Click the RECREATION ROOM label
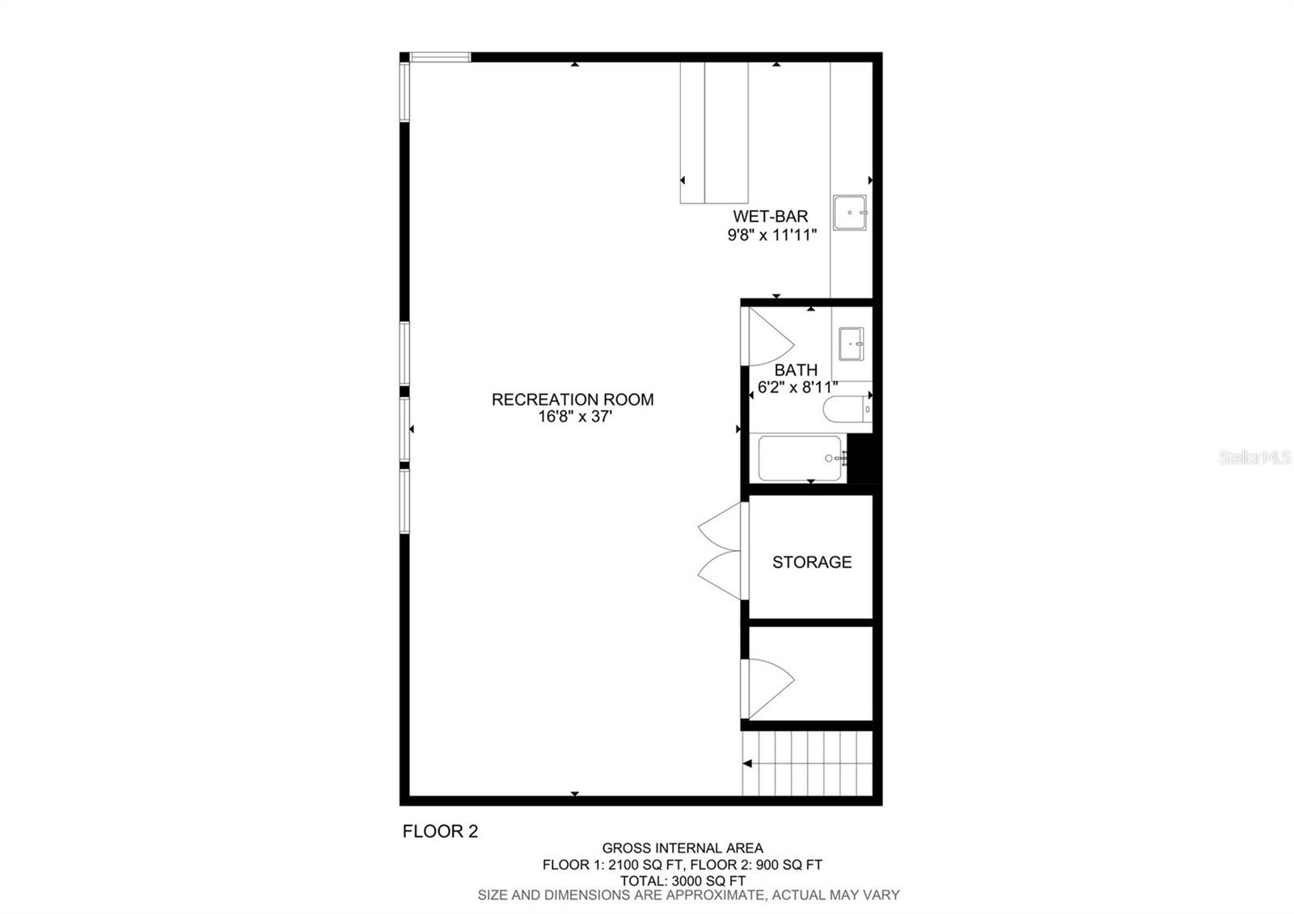click(572, 399)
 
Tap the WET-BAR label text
click(770, 216)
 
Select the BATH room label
click(796, 370)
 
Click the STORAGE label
click(811, 562)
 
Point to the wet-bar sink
click(849, 212)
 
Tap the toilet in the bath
click(846, 409)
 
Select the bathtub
click(799, 458)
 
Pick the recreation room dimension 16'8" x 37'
click(572, 417)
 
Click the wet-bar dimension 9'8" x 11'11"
click(772, 235)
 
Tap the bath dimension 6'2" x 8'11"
click(797, 387)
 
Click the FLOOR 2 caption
click(440, 831)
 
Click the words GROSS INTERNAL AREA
click(682, 848)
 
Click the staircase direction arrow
click(748, 763)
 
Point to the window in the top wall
click(440, 57)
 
